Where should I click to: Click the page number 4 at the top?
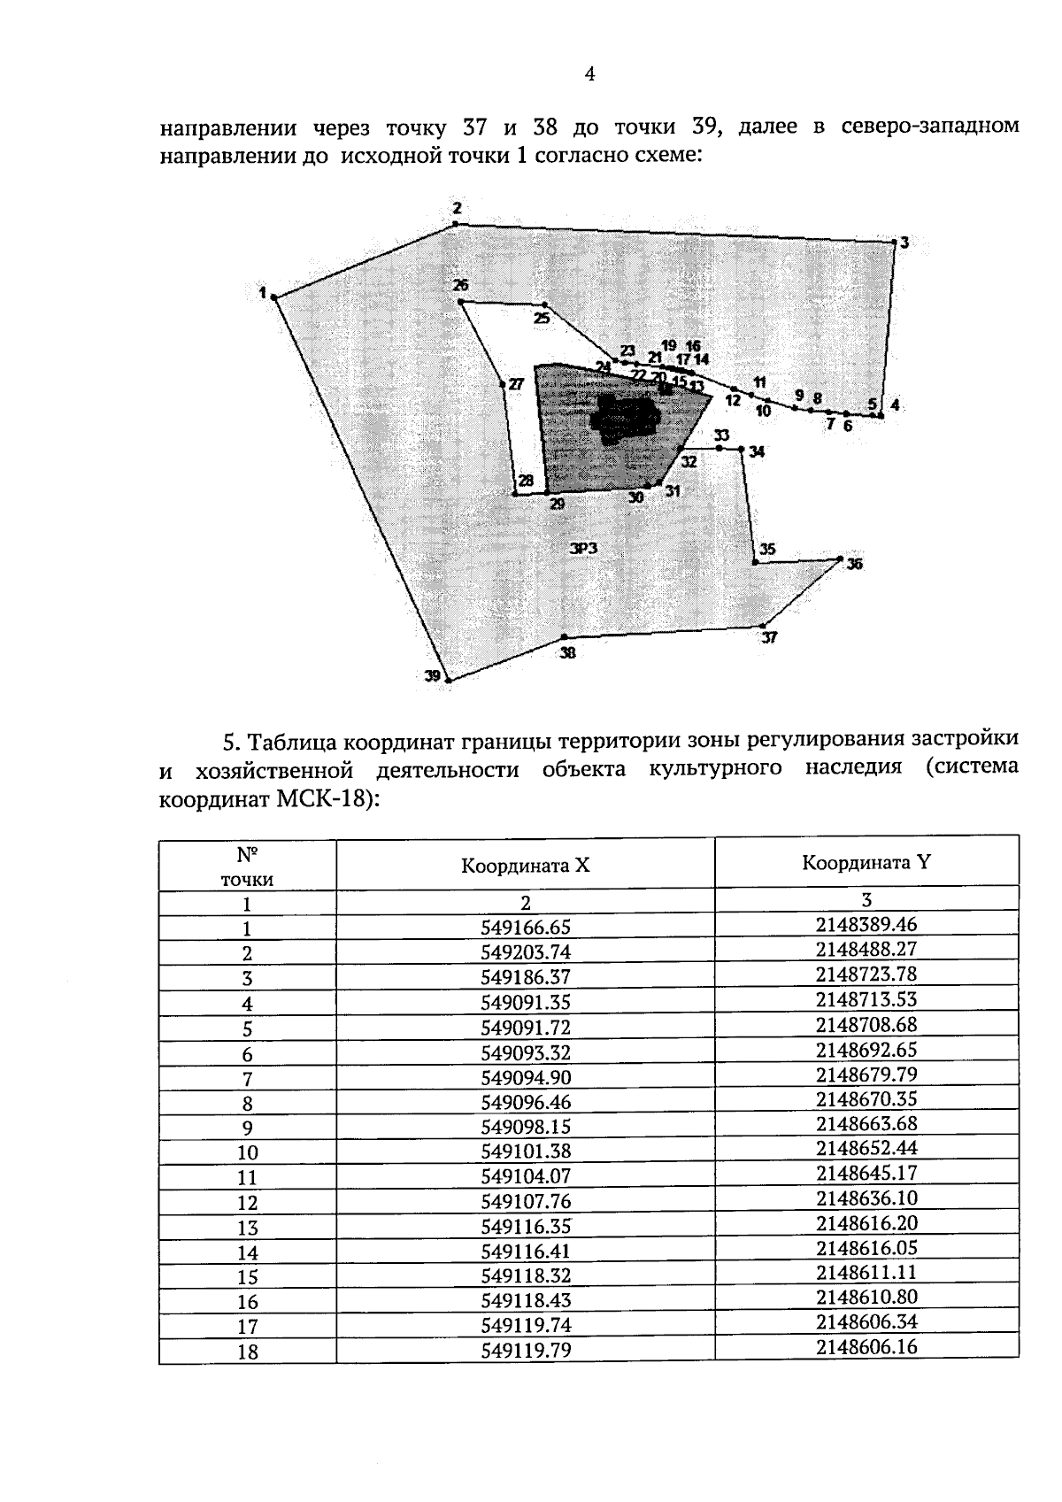tap(589, 74)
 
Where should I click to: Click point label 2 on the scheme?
tap(457, 209)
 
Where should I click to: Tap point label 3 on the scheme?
tap(904, 242)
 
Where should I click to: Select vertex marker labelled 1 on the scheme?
tap(274, 298)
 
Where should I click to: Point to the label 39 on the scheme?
tap(432, 676)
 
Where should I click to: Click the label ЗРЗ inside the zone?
tap(583, 549)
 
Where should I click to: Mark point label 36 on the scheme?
tap(854, 564)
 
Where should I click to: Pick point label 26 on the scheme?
tap(460, 285)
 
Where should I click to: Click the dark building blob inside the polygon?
tap(627, 420)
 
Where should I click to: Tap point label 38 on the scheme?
tap(567, 653)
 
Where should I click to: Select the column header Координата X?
tap(525, 866)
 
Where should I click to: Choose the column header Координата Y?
tap(866, 862)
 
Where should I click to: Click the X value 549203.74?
tap(526, 952)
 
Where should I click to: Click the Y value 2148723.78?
tap(866, 974)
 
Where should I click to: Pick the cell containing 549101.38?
tap(526, 1152)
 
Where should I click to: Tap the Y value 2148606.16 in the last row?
tap(866, 1347)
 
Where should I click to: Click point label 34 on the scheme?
tap(757, 452)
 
